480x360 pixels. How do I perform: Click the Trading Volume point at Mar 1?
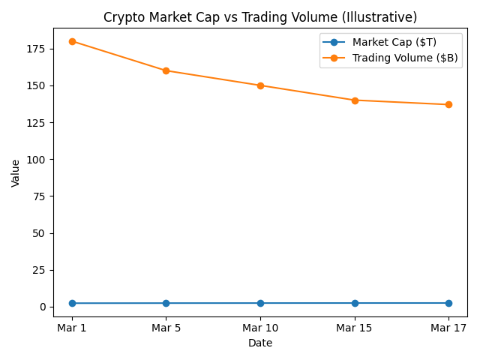(x=72, y=41)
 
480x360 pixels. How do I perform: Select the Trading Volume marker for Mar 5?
(x=166, y=70)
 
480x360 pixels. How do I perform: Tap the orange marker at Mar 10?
(x=260, y=85)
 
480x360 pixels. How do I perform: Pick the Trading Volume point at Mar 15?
(x=355, y=100)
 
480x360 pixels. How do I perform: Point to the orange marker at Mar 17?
(x=448, y=104)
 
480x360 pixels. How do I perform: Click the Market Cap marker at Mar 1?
(x=72, y=303)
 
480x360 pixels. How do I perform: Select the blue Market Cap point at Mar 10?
(x=260, y=303)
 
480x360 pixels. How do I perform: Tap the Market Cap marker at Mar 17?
(x=448, y=303)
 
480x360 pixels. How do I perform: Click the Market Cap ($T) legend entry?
(x=394, y=42)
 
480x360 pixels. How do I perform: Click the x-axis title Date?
(x=260, y=343)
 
